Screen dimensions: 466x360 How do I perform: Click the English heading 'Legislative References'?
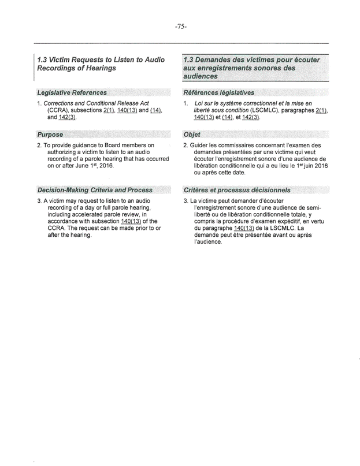(x=72, y=92)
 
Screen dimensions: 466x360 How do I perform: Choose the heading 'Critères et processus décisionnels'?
(x=237, y=189)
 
